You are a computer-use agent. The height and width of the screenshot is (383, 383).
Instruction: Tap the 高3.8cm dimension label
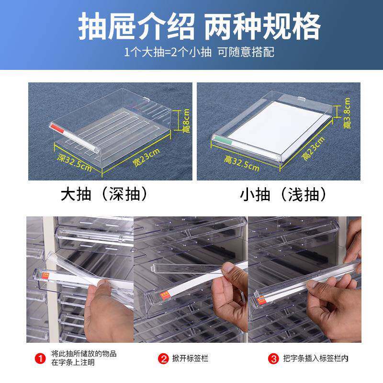point(347,113)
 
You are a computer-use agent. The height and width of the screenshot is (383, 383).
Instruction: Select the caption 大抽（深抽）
point(103,194)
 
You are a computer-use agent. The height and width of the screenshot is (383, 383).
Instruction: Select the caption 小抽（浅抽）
point(283,194)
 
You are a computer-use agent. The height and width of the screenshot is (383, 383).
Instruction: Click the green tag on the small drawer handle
point(221,140)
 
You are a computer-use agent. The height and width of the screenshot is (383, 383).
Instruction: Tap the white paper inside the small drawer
point(278,125)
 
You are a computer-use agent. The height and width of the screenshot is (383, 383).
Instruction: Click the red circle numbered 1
point(42,358)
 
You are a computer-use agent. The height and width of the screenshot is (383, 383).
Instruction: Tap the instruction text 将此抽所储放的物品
point(84,354)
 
